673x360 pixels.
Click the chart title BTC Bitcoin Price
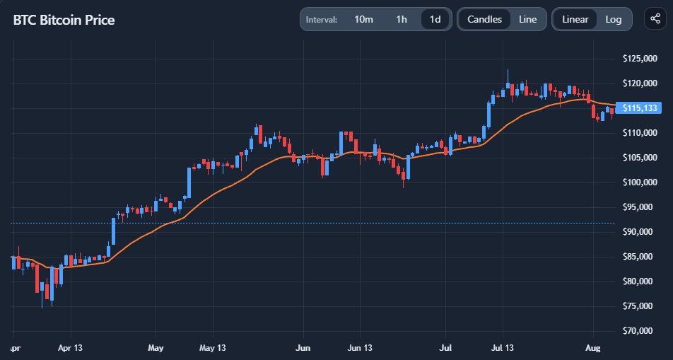coord(64,20)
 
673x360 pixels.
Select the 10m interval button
coord(363,19)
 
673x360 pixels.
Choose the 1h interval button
coord(402,19)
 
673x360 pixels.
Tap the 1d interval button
coord(435,19)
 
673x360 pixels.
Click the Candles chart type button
coord(484,19)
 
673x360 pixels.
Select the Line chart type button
coord(527,19)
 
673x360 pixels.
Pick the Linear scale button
coord(575,19)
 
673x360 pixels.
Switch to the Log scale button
coord(614,19)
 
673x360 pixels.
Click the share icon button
coord(652,19)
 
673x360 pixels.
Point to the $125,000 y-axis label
coord(638,58)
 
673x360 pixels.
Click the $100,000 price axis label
coord(638,182)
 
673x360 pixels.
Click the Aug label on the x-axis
coord(592,348)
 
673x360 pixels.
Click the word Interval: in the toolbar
coord(322,19)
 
